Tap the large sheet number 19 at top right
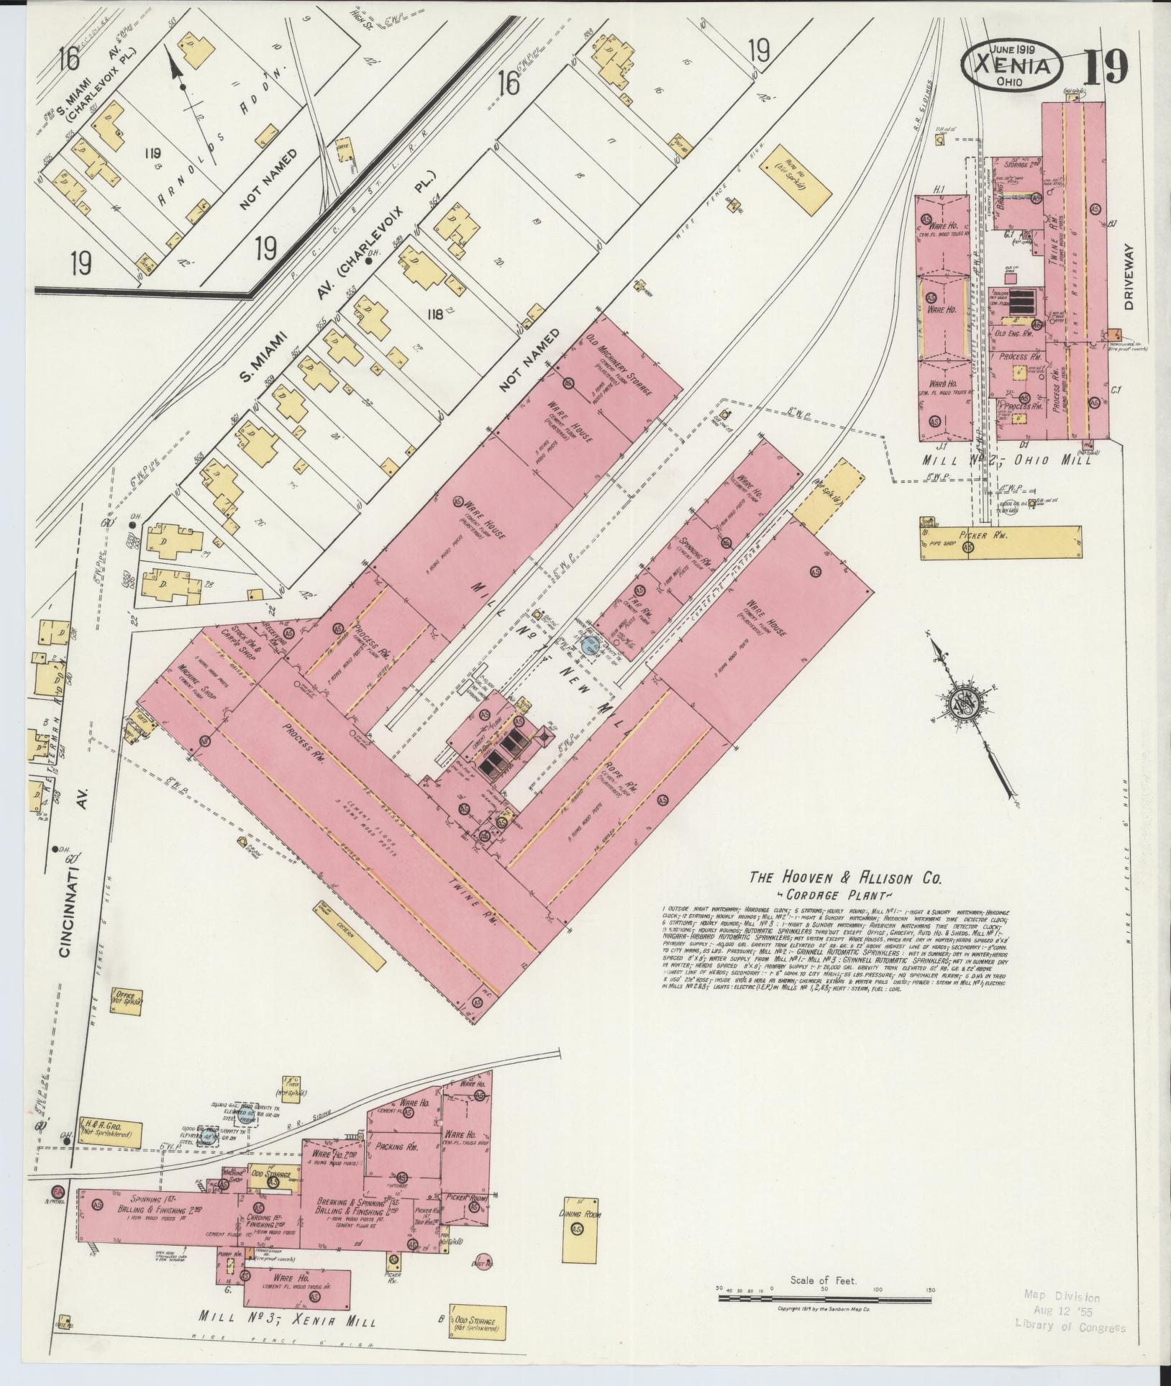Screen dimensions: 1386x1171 (1106, 68)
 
